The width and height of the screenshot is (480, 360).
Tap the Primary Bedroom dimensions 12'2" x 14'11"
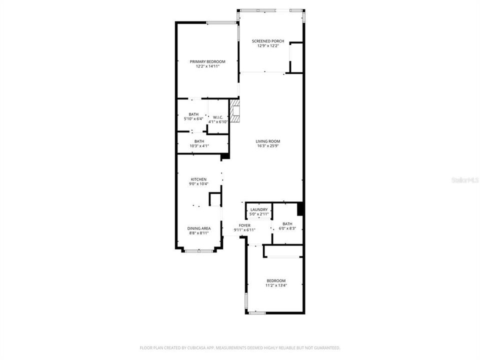click(x=207, y=66)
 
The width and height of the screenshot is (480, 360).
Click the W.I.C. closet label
click(x=218, y=117)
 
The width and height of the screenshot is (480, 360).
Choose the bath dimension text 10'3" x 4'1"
click(x=199, y=146)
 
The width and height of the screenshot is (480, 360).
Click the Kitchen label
click(x=198, y=179)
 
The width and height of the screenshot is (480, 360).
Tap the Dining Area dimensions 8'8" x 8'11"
click(x=198, y=233)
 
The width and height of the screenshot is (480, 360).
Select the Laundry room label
click(x=259, y=209)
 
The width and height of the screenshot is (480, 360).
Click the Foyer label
click(x=244, y=225)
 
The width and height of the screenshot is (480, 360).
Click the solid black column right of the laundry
click(x=300, y=208)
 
